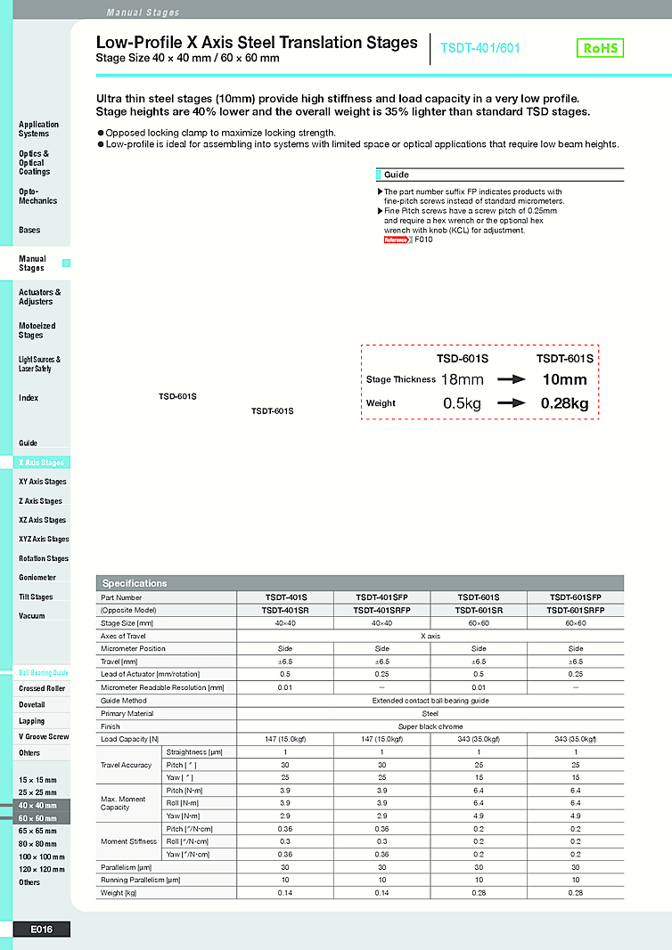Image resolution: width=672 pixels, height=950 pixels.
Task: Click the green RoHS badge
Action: tap(601, 48)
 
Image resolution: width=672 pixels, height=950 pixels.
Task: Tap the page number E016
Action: tap(41, 930)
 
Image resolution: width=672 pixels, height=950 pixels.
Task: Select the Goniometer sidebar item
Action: tap(37, 578)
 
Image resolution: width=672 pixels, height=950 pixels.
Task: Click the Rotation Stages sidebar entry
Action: tap(44, 558)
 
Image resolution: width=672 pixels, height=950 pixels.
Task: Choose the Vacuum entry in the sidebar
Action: tap(32, 616)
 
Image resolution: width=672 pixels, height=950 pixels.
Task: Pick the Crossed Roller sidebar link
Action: tap(42, 688)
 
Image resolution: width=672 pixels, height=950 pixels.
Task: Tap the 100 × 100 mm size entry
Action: tap(41, 857)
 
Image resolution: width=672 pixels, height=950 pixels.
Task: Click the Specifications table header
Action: tap(135, 583)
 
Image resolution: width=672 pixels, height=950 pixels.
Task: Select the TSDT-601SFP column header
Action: tap(575, 597)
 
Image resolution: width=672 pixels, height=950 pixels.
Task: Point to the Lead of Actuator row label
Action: tap(150, 674)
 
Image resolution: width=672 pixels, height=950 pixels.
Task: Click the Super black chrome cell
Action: tap(430, 727)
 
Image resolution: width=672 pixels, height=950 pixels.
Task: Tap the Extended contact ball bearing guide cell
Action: tap(430, 701)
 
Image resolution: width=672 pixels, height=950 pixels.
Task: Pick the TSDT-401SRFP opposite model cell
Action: tap(381, 611)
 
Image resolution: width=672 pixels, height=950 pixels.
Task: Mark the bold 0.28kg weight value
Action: tap(564, 403)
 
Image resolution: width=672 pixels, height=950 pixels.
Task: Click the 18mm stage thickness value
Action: tap(463, 379)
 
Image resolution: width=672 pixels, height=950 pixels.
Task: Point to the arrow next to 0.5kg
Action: tap(513, 403)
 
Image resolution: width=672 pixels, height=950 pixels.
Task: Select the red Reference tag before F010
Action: tap(395, 240)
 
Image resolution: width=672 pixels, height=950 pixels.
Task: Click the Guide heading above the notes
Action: tap(397, 175)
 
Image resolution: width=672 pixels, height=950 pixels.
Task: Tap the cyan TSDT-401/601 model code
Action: tap(481, 49)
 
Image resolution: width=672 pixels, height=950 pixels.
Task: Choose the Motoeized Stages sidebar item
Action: tap(37, 330)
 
